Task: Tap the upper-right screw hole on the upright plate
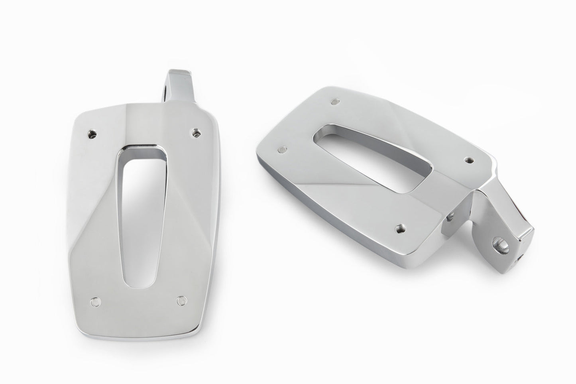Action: point(195,132)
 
